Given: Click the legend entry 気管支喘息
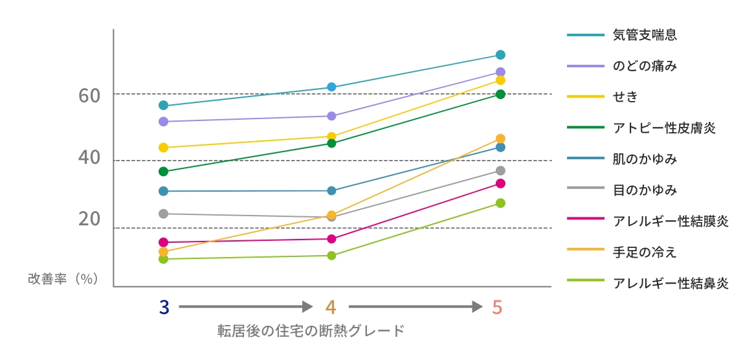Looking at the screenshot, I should tap(645, 35).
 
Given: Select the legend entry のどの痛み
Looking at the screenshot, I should tap(645, 66).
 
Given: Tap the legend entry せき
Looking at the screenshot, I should tap(625, 97).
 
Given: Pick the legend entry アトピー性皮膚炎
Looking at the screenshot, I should tap(664, 128).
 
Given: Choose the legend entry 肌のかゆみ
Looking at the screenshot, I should tap(645, 159).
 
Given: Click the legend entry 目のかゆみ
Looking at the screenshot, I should tap(645, 190).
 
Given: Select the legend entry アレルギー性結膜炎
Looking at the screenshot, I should tap(671, 221).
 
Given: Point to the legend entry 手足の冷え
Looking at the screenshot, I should tap(645, 253).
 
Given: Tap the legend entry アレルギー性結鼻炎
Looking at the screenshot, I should tap(671, 284).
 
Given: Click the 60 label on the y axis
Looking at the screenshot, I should tap(89, 96).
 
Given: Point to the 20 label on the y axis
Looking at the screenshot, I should tap(89, 219).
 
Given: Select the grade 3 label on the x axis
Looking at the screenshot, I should tap(164, 307).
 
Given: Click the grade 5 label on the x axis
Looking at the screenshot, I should tap(497, 307).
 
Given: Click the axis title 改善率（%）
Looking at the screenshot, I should tap(63, 278).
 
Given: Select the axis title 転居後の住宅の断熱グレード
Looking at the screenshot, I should tap(311, 331).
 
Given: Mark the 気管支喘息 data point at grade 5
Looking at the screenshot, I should tap(500, 55).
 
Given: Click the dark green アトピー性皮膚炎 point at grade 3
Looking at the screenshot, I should tap(163, 172).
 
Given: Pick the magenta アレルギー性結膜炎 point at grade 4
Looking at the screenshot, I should tap(331, 239).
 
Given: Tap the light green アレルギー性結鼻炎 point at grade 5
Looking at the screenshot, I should tap(500, 203).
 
